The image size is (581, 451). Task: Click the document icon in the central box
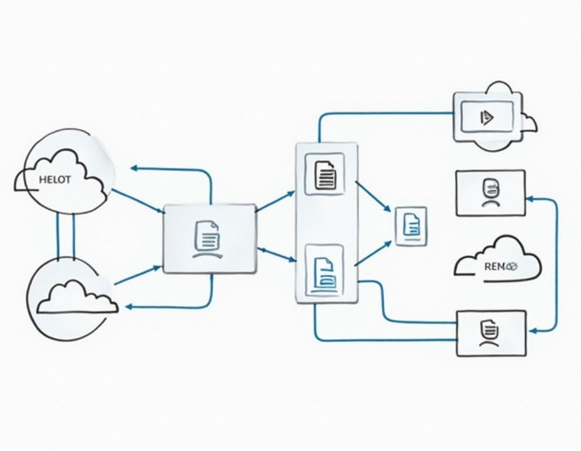click(x=207, y=236)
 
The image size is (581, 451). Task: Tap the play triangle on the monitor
click(x=485, y=115)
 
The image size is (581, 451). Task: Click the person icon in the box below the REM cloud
click(x=488, y=332)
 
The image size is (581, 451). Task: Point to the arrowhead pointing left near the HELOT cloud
click(x=134, y=167)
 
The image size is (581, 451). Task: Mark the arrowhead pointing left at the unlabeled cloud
click(x=130, y=306)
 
